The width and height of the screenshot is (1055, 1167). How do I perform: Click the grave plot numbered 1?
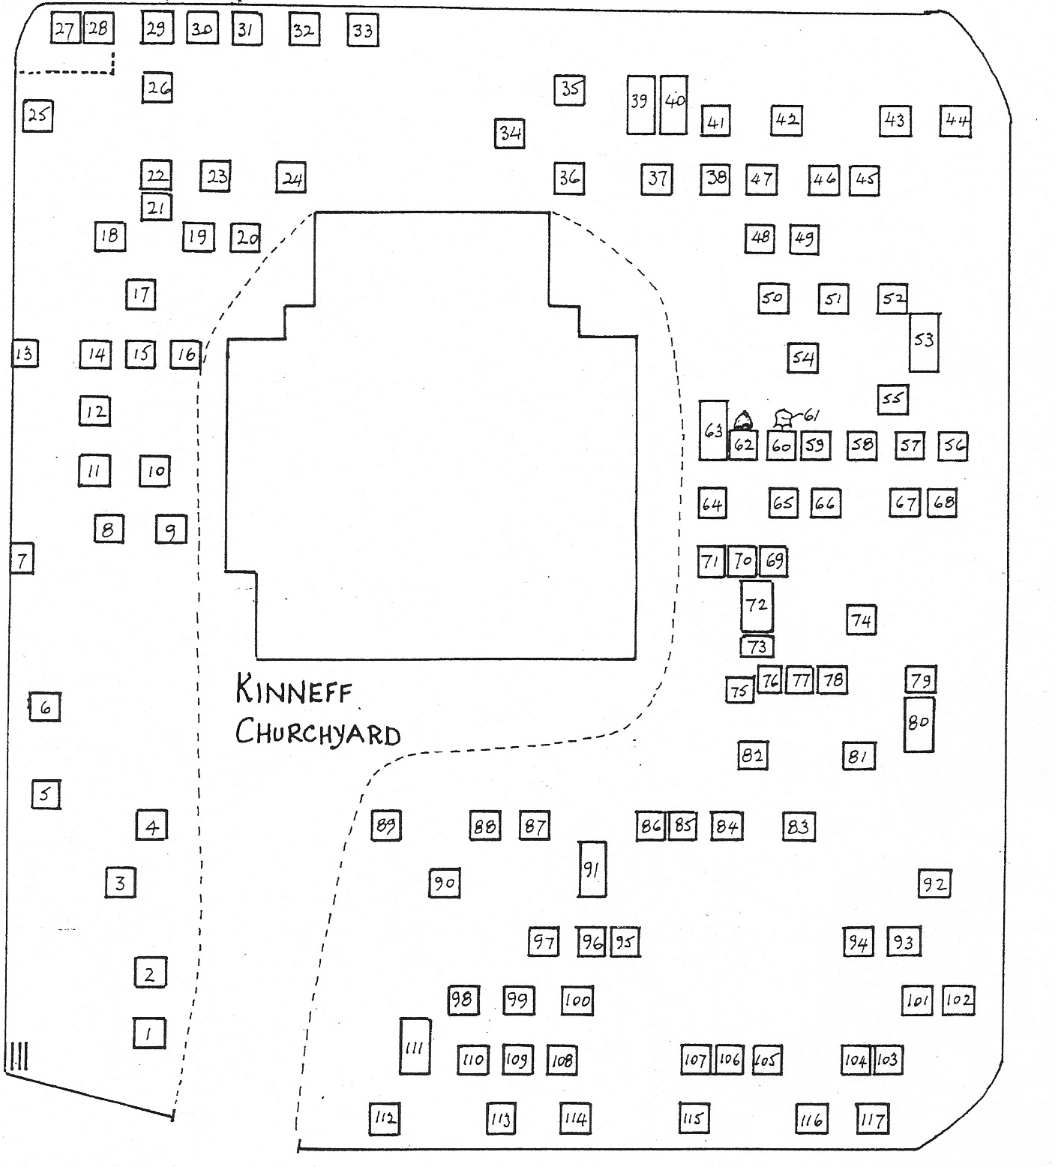pos(149,1033)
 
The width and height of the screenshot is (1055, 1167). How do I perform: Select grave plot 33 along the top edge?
pos(363,31)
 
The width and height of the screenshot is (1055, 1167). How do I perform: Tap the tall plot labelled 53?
pos(925,342)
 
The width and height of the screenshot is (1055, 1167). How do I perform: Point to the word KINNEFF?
pos(294,690)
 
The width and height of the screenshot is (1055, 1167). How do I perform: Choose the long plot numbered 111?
pos(415,1046)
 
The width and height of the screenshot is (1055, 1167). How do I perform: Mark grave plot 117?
pos(871,1120)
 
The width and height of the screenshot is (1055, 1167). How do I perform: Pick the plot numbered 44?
pos(956,121)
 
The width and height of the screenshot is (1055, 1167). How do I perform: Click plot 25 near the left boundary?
pos(37,115)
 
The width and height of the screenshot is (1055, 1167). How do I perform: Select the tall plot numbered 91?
pos(592,869)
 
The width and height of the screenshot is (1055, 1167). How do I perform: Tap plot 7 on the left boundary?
pos(22,559)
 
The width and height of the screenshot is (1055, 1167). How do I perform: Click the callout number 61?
pos(813,415)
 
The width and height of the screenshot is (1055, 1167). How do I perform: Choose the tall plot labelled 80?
pos(919,724)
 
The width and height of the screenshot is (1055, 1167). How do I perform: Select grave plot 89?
pos(386,826)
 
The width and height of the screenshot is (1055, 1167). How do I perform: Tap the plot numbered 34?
pos(510,133)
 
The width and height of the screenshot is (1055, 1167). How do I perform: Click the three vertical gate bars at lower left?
pos(18,1057)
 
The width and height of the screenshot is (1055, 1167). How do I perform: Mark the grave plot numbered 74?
pos(862,619)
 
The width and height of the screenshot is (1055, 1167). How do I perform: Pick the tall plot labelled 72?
pos(757,604)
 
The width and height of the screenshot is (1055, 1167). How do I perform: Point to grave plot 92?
pos(934,883)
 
